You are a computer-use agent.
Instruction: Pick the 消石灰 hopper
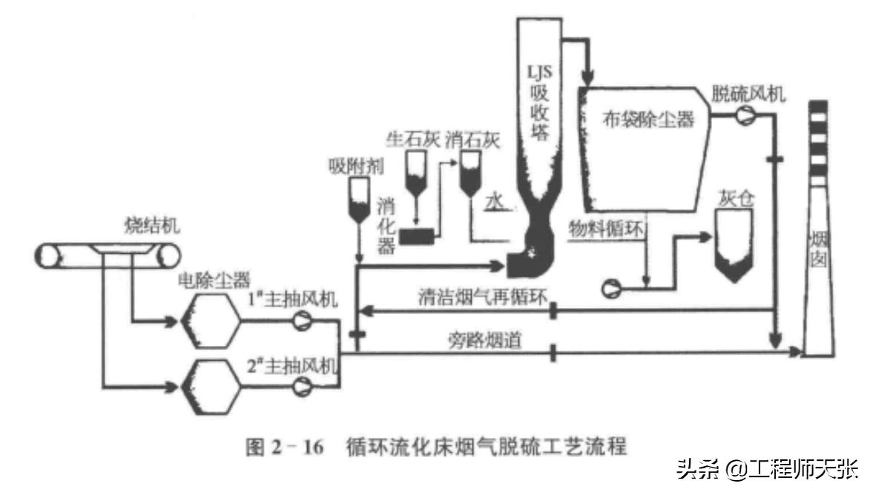pyautogui.click(x=468, y=175)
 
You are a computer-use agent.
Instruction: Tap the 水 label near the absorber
pyautogui.click(x=494, y=200)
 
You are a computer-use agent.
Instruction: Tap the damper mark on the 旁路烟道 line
pyautogui.click(x=553, y=352)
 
